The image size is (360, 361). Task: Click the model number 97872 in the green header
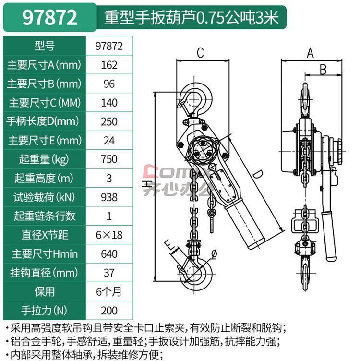pyautogui.click(x=50, y=18)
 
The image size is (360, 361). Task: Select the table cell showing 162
pyautogui.click(x=109, y=65)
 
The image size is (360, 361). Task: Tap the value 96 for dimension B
pyautogui.click(x=109, y=84)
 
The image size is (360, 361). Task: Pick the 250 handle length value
pyautogui.click(x=109, y=121)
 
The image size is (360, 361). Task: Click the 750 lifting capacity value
pyautogui.click(x=109, y=159)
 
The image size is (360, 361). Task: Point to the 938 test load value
pyautogui.click(x=109, y=197)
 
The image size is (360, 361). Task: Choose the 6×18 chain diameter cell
pyautogui.click(x=109, y=235)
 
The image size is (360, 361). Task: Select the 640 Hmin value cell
pyautogui.click(x=109, y=254)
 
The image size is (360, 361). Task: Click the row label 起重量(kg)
pyautogui.click(x=44, y=159)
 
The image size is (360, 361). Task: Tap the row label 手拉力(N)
pyautogui.click(x=44, y=311)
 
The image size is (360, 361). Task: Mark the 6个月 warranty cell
pyautogui.click(x=109, y=292)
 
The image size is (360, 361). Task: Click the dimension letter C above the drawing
pyautogui.click(x=200, y=53)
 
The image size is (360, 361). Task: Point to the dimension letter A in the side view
pyautogui.click(x=310, y=53)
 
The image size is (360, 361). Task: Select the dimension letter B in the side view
pyautogui.click(x=323, y=69)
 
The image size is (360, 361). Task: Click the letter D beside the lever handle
pyautogui.click(x=258, y=174)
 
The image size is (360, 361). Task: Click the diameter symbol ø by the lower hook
pyautogui.click(x=214, y=254)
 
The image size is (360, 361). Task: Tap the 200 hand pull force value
pyautogui.click(x=109, y=311)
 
